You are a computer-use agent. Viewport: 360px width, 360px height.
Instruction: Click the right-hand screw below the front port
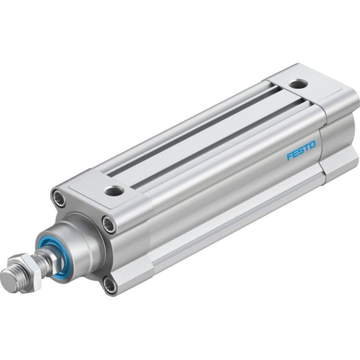(109, 223)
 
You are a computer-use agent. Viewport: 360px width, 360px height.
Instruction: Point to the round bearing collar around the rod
(77, 242)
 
